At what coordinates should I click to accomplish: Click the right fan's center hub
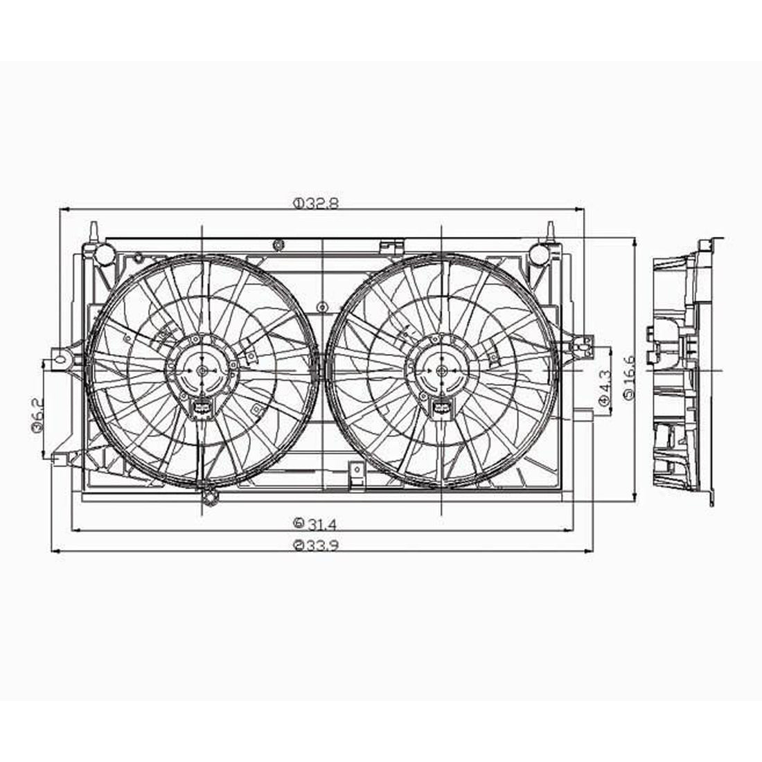441,371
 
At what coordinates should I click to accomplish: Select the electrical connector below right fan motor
441,410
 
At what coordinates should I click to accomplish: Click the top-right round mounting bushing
540,254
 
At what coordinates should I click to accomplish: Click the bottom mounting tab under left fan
209,497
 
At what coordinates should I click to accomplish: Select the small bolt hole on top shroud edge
278,244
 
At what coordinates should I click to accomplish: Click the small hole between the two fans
321,307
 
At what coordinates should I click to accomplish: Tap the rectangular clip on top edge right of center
392,245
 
